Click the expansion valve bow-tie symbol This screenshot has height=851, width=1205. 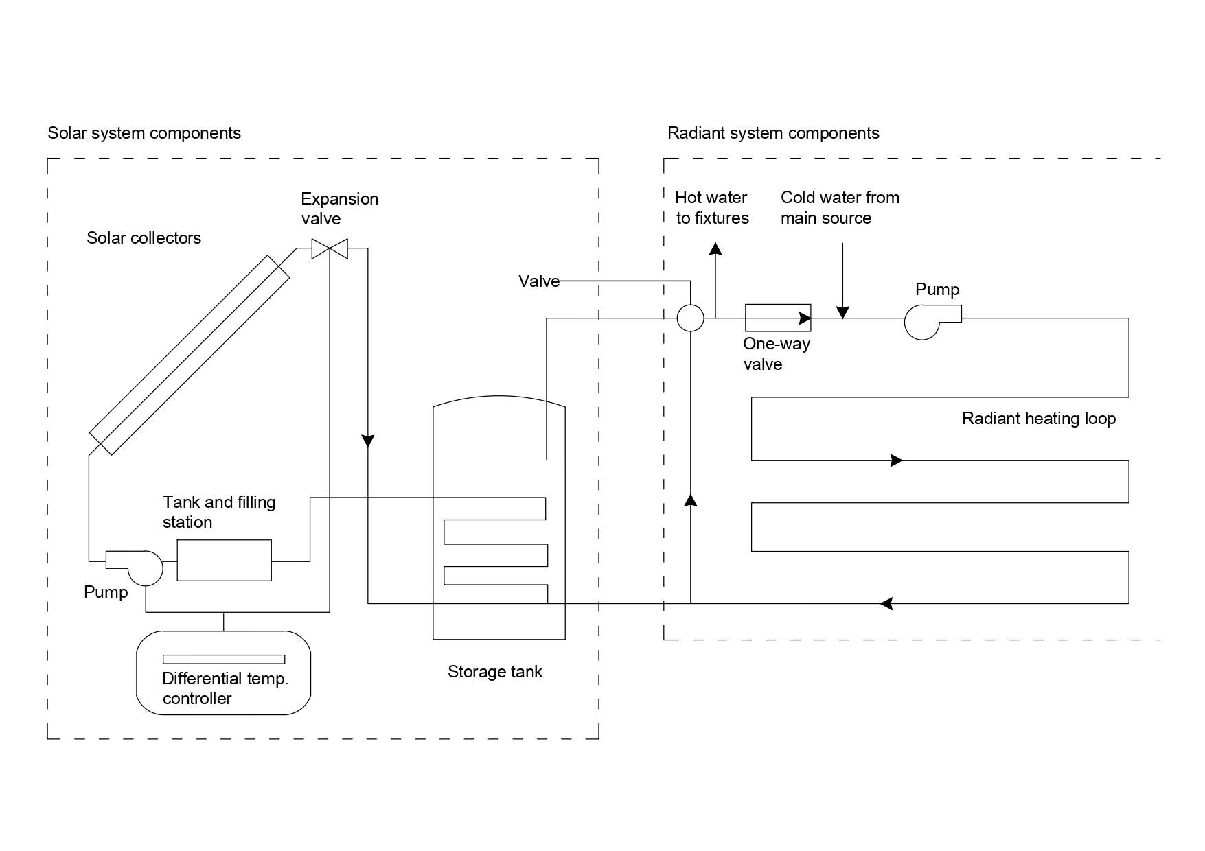(x=330, y=248)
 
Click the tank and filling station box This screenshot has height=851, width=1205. (x=225, y=560)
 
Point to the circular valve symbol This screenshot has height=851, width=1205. (x=690, y=318)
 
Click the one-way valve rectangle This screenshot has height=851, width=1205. (x=778, y=318)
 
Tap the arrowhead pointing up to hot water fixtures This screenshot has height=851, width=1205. (x=715, y=249)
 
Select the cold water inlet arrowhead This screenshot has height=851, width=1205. (x=843, y=312)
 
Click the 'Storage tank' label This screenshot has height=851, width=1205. (x=494, y=671)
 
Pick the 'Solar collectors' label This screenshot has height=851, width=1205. (x=144, y=238)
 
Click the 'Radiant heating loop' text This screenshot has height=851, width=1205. (x=1038, y=419)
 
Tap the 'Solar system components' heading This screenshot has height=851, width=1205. (x=144, y=132)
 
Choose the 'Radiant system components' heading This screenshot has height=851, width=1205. (x=772, y=132)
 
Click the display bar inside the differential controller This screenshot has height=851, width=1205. (x=224, y=660)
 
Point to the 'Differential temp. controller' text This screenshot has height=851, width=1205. (x=225, y=688)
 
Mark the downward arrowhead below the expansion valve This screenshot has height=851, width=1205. (x=368, y=440)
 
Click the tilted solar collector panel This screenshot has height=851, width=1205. (x=190, y=354)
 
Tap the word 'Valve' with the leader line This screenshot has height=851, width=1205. (x=538, y=281)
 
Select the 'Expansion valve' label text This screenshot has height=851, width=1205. (x=339, y=209)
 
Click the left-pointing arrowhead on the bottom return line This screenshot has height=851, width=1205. (x=886, y=603)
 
